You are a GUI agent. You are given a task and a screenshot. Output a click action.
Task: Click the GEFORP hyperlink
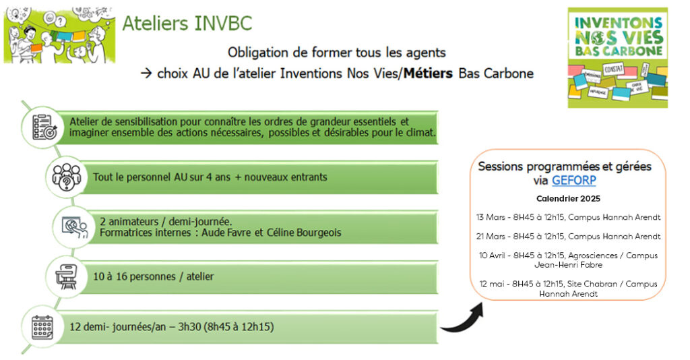pos(574,181)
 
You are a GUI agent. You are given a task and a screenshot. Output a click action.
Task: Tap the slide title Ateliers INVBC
pos(187,24)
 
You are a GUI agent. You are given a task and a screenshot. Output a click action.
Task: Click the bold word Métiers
pos(428,73)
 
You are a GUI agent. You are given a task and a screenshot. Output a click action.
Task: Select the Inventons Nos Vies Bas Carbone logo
pos(617,58)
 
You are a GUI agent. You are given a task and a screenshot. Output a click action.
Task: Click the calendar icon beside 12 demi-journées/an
pos(42,328)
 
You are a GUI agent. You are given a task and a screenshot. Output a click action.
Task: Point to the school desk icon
pos(66,277)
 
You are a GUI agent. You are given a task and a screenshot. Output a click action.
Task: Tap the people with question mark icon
pos(67,177)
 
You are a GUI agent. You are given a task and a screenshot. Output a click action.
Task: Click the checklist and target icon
pos(44,127)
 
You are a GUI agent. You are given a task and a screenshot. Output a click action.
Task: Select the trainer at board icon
pos(74,228)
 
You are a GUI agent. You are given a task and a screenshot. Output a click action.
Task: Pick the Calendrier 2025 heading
pos(568,199)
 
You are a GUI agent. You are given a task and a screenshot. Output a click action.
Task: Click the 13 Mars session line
pos(568,217)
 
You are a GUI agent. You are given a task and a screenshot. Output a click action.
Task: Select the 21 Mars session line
pos(568,237)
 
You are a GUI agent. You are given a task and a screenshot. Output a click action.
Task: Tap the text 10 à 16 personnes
pos(134,277)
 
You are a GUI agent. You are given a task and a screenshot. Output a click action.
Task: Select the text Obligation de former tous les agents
pos(337,53)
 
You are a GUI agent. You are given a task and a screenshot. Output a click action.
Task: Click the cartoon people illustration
pos(59,35)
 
